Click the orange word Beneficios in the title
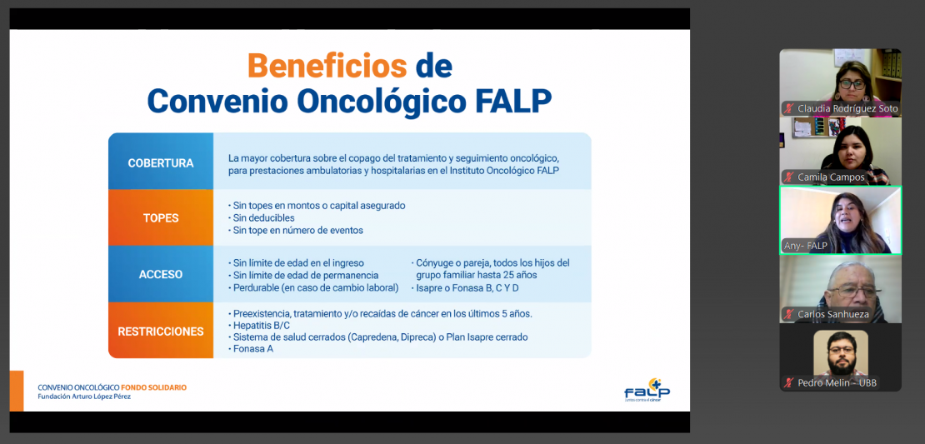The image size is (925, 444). [327, 66]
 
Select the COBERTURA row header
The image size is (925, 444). [161, 163]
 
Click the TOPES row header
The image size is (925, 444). [161, 218]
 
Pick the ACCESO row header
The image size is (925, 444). [161, 274]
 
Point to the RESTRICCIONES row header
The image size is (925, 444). [161, 332]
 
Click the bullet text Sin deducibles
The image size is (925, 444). [261, 218]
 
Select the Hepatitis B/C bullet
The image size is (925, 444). [259, 326]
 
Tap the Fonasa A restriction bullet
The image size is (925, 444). [250, 349]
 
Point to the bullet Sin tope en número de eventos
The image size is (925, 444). [295, 231]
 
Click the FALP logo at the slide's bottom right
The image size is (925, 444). [647, 390]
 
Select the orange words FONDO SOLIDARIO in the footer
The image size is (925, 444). [153, 387]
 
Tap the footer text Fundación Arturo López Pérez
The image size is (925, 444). [84, 397]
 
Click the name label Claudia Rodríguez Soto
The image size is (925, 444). [847, 108]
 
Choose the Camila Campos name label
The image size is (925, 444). [831, 177]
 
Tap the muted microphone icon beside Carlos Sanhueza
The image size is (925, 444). [788, 314]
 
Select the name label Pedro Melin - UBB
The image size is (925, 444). [837, 382]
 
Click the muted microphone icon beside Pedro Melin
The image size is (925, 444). [788, 382]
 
